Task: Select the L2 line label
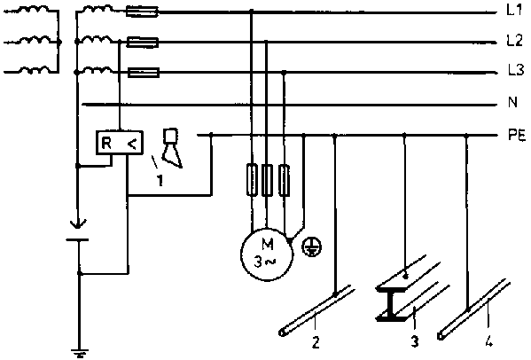click(515, 41)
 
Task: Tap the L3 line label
click(516, 70)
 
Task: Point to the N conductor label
click(512, 102)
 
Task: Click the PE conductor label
click(517, 136)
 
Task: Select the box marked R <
click(120, 143)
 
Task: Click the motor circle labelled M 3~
click(267, 254)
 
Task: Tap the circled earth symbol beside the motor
click(312, 247)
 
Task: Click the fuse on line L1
click(142, 12)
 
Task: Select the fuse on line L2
click(142, 43)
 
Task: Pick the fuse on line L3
click(144, 73)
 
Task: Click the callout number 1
click(160, 181)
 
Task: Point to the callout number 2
click(316, 342)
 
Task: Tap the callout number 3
click(415, 341)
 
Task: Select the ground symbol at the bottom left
click(79, 354)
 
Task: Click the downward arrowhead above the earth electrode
click(77, 224)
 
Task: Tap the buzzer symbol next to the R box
click(172, 148)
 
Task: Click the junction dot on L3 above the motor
click(285, 73)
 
